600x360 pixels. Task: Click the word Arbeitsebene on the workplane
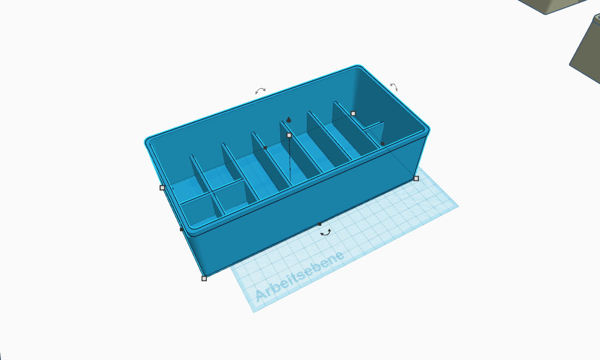click(300, 276)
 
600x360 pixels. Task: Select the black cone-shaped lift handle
click(288, 120)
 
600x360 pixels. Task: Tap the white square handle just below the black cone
click(289, 136)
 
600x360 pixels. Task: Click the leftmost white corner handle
click(162, 188)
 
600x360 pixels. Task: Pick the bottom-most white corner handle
click(204, 278)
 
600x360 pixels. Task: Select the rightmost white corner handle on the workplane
click(416, 179)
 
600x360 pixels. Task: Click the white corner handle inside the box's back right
click(353, 114)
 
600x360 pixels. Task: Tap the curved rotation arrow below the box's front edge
click(326, 233)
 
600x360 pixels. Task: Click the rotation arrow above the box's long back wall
click(260, 91)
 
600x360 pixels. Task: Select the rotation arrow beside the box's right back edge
click(394, 87)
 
